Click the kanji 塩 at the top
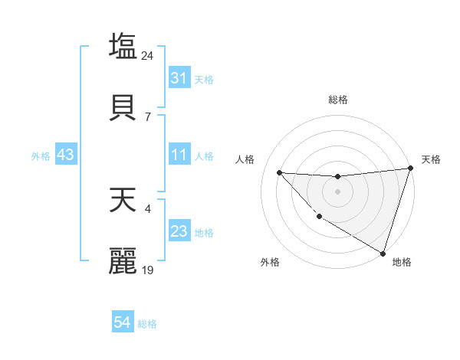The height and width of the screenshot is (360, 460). [123, 45]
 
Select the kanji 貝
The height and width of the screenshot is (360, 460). [123, 107]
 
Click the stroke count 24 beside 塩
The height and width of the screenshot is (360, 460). [148, 55]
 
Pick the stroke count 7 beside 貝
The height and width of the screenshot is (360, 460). [148, 117]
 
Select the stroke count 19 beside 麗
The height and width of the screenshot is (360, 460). [148, 270]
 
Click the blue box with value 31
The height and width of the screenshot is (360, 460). [179, 77]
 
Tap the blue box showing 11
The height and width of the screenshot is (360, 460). [179, 155]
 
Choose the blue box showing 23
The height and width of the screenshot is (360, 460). [179, 231]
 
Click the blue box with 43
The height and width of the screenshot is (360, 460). [66, 155]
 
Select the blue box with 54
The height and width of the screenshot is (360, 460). [122, 323]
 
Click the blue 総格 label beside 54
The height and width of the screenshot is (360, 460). [147, 324]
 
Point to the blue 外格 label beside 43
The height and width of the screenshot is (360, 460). [41, 155]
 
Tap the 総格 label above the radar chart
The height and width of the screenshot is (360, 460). [337, 100]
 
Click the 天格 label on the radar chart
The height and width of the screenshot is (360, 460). [431, 159]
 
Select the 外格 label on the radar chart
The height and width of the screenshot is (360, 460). [269, 262]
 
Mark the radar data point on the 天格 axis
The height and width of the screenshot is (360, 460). [410, 169]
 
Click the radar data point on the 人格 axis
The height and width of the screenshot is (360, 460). [279, 172]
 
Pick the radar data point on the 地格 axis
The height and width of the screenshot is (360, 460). [383, 253]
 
